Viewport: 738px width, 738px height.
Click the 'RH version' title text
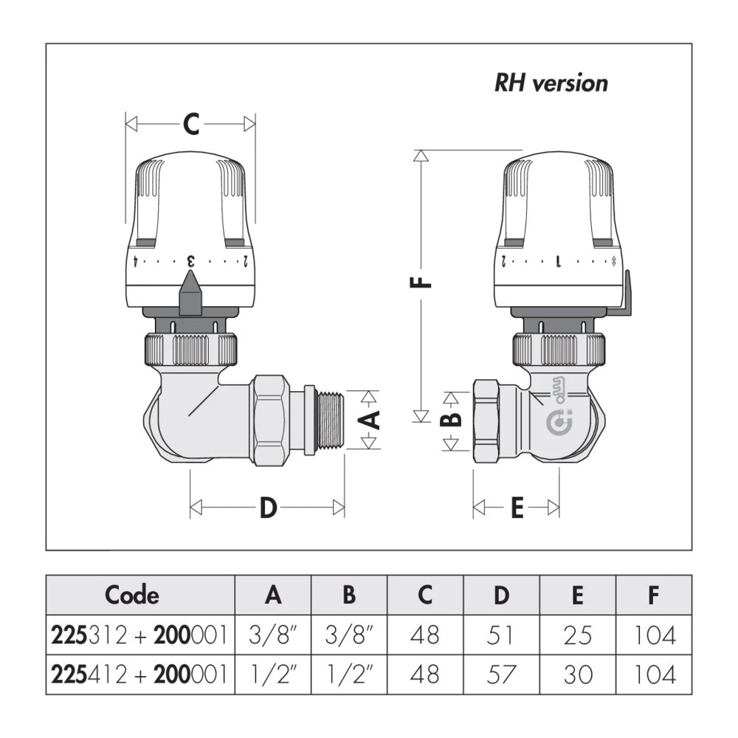tap(551, 83)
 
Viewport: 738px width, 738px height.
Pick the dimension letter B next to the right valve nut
tap(455, 418)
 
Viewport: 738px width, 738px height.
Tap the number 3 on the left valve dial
tap(190, 261)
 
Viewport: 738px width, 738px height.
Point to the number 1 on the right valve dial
tap(559, 261)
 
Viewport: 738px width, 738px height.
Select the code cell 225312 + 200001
tap(139, 634)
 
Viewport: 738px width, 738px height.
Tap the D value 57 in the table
tap(501, 674)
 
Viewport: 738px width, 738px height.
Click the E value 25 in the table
tap(578, 634)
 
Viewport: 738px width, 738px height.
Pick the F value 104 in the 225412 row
tap(655, 674)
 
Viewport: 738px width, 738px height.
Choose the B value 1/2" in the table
tap(350, 674)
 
